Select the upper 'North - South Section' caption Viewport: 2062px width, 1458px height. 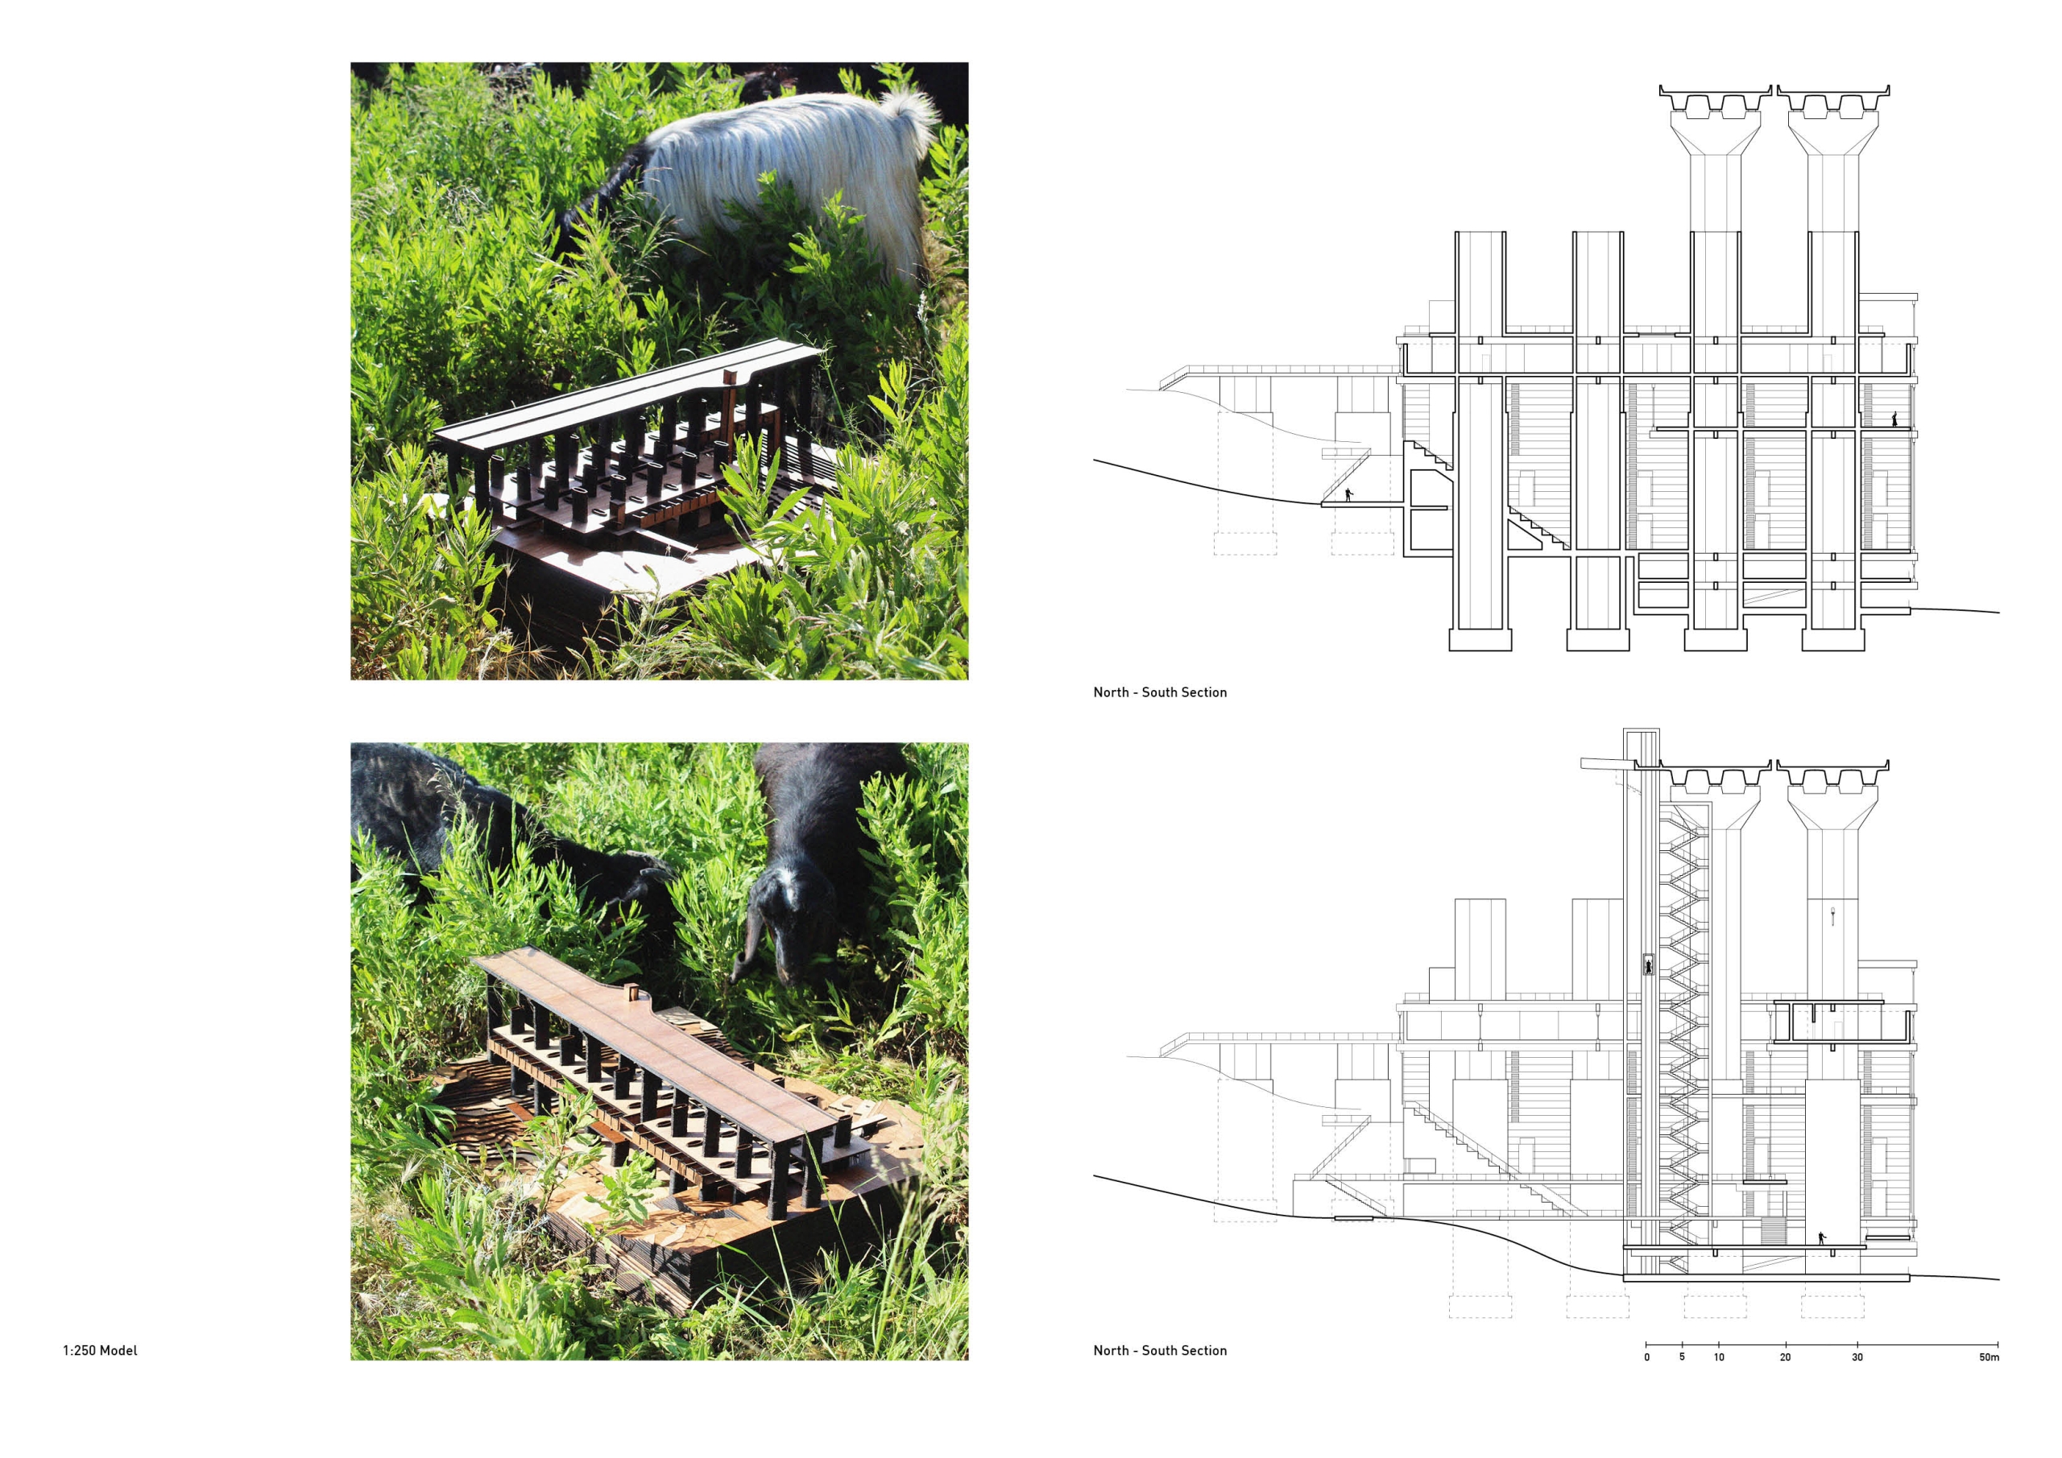click(x=1159, y=692)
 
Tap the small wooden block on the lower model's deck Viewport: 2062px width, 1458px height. click(x=631, y=992)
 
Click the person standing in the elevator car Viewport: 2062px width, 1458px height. click(x=1648, y=966)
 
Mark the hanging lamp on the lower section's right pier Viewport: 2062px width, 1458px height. click(x=1832, y=917)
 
